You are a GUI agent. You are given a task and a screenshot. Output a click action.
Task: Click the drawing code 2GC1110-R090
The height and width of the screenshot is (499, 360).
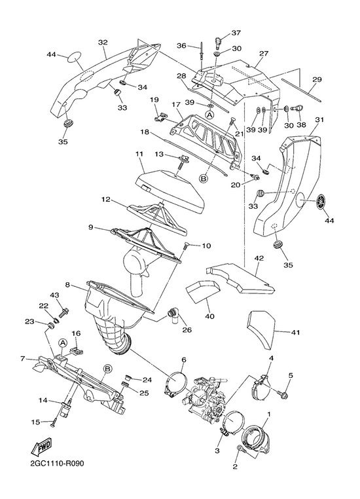tap(57, 464)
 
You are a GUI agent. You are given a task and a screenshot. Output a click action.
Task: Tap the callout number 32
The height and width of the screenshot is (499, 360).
tap(103, 43)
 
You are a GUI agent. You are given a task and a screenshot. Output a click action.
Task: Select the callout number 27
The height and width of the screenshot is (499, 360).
tap(264, 54)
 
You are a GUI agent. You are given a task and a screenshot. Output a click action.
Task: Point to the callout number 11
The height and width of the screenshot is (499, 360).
tap(139, 154)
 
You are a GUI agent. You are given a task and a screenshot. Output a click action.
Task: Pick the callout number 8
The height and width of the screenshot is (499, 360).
tap(67, 284)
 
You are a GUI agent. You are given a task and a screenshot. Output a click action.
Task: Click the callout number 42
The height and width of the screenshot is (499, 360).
tap(259, 258)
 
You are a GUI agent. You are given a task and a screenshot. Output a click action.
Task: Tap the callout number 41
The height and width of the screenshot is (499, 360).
tap(295, 333)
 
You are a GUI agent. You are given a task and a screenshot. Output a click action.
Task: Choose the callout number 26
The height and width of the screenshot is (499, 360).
tap(187, 330)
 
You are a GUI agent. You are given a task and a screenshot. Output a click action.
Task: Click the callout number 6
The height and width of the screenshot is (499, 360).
tap(184, 360)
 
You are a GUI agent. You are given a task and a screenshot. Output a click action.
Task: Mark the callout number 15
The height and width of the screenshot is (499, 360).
tap(35, 422)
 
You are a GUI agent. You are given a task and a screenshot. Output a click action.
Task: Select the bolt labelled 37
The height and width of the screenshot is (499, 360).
tap(219, 41)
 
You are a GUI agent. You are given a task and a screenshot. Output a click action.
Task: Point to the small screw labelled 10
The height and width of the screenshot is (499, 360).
tap(187, 245)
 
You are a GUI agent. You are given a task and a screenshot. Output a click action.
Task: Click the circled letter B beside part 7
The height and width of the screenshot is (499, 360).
tap(108, 369)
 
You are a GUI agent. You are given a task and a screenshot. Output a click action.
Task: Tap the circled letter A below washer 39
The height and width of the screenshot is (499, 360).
tap(209, 114)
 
